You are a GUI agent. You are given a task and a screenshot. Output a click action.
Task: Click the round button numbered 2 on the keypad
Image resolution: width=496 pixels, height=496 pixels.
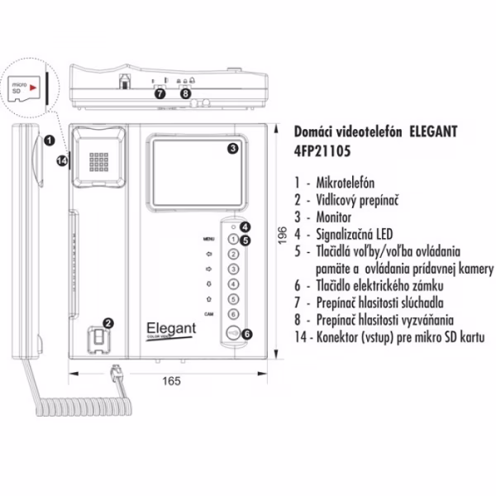click(x=234, y=254)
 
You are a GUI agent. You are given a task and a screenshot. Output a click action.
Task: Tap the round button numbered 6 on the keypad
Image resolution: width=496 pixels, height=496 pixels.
click(x=234, y=314)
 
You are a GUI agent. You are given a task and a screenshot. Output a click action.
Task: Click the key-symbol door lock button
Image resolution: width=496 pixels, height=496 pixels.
click(x=234, y=335)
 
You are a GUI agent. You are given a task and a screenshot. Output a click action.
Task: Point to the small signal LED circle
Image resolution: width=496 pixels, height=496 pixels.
click(x=234, y=226)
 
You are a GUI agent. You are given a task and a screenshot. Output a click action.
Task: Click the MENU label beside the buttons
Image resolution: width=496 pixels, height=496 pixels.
click(x=208, y=239)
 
